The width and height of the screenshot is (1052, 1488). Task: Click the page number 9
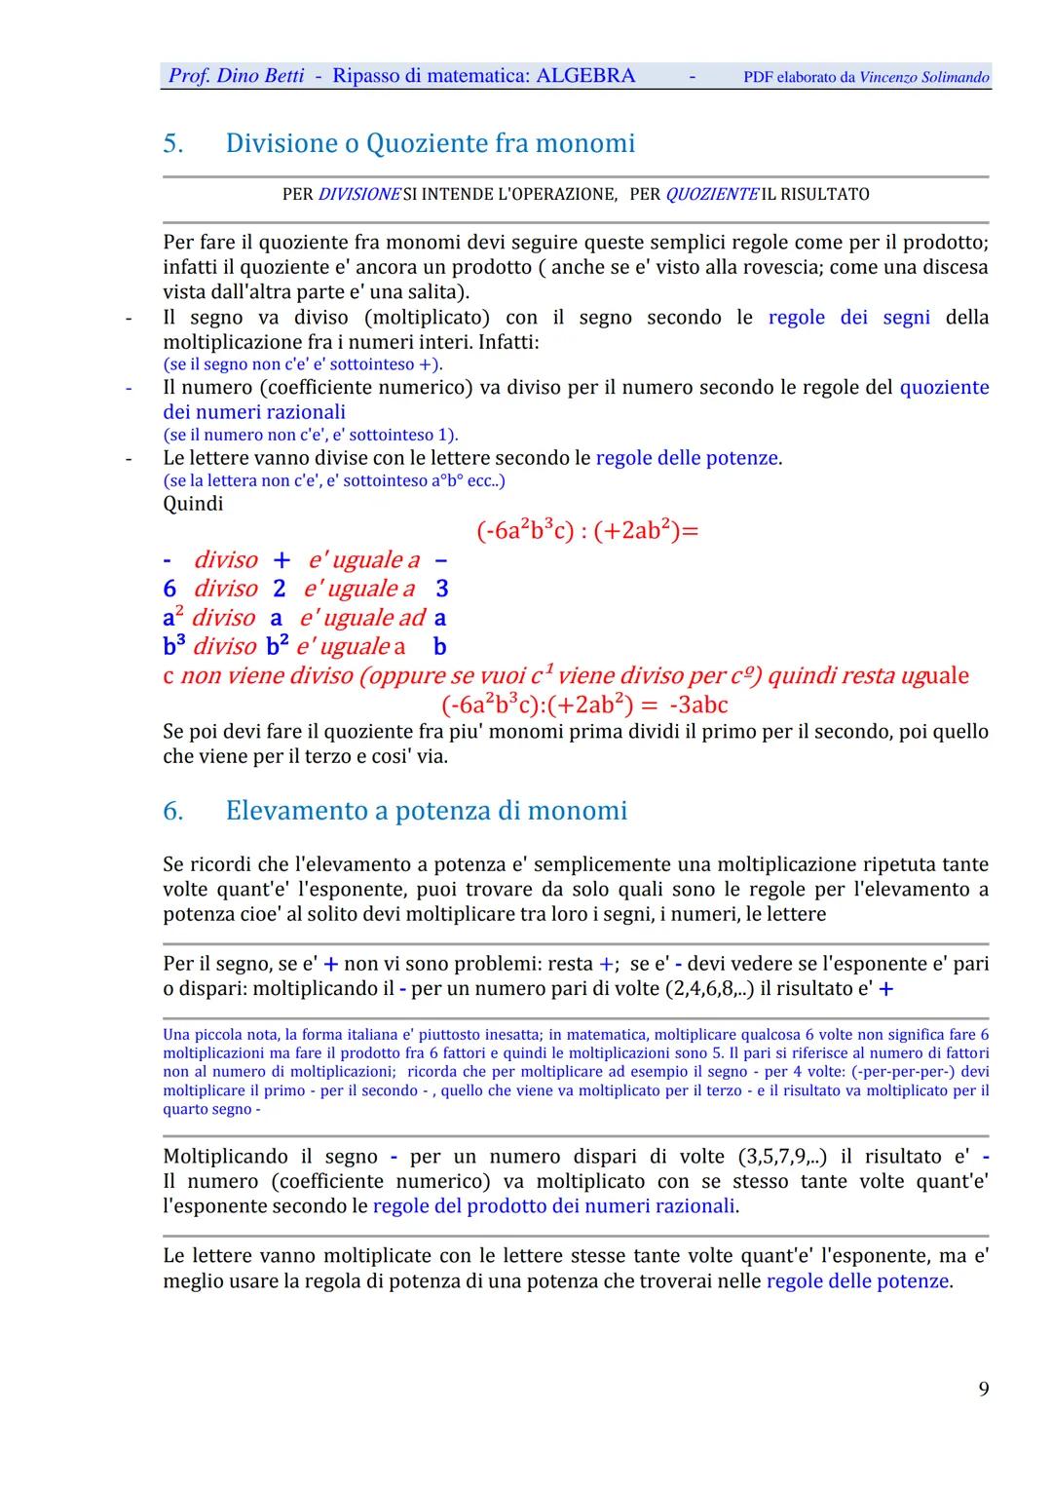pos(984,1389)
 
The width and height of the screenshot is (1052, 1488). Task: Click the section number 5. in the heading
pos(173,144)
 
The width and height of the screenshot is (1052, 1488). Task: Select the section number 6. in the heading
pos(173,811)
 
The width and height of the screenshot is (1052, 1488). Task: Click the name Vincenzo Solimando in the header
pos(924,77)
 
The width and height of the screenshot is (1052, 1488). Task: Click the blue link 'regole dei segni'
pos(848,318)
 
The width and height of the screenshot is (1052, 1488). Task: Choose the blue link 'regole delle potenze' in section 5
pos(687,458)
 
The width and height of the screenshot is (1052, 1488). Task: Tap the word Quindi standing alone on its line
pos(193,504)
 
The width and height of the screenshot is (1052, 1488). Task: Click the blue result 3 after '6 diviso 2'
pos(442,589)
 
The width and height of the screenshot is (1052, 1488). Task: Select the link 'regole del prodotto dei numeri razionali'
pos(554,1206)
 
